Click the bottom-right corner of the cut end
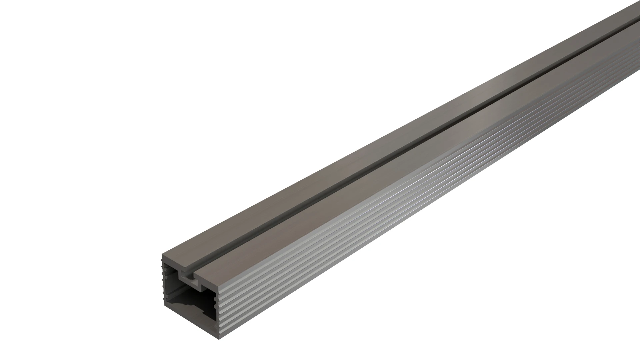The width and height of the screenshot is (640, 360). coord(219,339)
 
